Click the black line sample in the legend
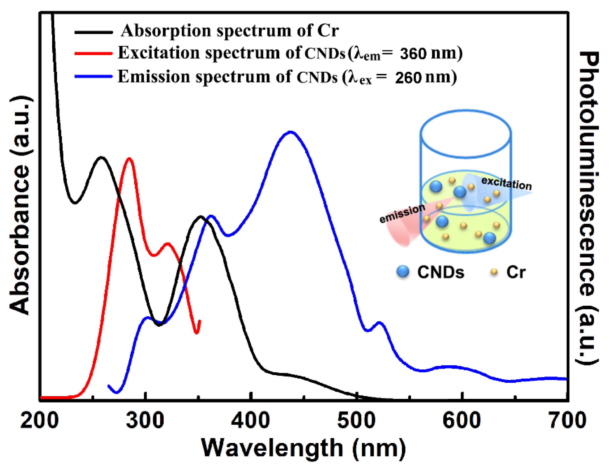pos(94,32)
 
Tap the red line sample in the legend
pos(94,53)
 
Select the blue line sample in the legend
pos(94,76)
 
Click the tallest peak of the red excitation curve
pos(129,159)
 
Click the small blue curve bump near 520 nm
pos(379,323)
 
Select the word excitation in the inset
pos(506,184)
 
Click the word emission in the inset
pos(402,214)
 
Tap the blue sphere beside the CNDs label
pos(403,272)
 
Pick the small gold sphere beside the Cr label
pos(494,272)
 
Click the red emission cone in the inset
pos(402,232)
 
